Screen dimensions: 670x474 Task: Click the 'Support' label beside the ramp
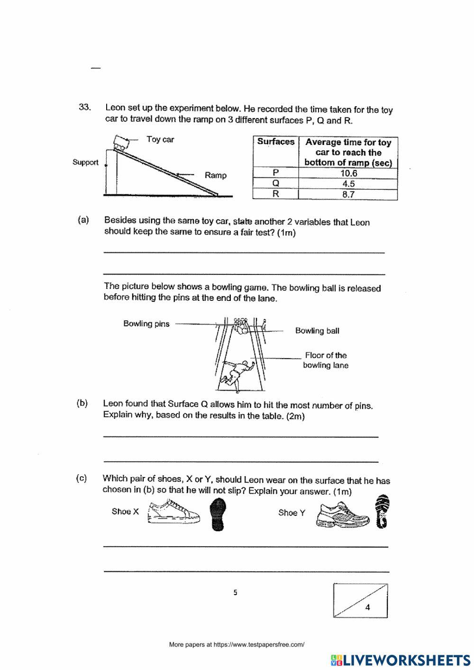click(x=85, y=162)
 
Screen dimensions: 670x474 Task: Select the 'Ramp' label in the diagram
click(x=215, y=175)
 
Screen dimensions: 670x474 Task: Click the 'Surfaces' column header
click(x=276, y=142)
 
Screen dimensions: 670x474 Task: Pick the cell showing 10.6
click(x=348, y=173)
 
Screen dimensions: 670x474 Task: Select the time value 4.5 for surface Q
click(x=348, y=184)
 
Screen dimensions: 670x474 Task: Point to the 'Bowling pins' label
click(x=146, y=324)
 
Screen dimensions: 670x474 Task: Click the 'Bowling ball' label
click(x=317, y=331)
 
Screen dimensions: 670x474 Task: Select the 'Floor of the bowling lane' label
click(x=326, y=360)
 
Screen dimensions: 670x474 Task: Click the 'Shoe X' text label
click(x=125, y=512)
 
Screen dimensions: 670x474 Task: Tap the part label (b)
click(x=82, y=403)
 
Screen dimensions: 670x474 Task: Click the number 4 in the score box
click(x=368, y=607)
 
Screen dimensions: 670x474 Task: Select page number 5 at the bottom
click(x=236, y=592)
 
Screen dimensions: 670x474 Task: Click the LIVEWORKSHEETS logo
click(x=401, y=660)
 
